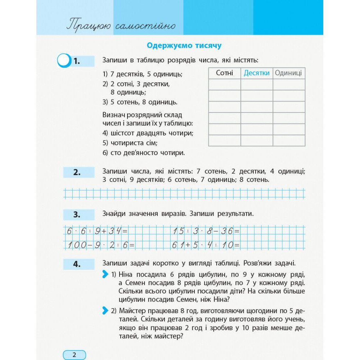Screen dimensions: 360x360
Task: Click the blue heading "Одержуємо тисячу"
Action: [184, 46]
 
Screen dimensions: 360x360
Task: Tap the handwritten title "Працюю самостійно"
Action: [121, 26]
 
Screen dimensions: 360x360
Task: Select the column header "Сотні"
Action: [224, 73]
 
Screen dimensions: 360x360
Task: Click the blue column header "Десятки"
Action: [256, 73]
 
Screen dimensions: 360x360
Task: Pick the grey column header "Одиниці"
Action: [288, 73]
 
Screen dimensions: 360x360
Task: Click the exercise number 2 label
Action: [77, 172]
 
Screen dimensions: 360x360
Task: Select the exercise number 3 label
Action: [77, 215]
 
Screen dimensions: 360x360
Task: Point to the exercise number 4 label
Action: [77, 264]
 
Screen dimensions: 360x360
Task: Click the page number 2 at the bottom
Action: [75, 355]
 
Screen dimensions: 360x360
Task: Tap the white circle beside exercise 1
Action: [64, 60]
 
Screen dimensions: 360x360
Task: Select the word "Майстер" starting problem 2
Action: [133, 310]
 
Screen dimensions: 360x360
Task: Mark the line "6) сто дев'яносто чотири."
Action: [144, 153]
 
